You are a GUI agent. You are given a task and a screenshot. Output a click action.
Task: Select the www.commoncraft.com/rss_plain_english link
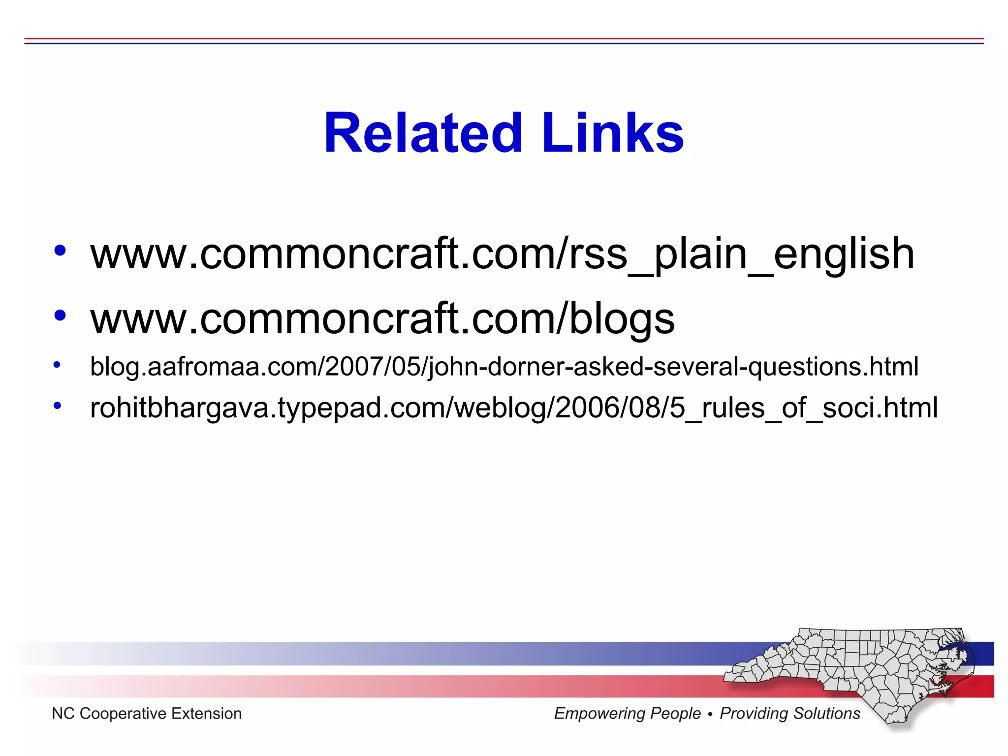click(502, 254)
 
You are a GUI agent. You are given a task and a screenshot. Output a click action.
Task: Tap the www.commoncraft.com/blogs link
click(382, 319)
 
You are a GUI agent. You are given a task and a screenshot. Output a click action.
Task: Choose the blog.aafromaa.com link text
click(504, 367)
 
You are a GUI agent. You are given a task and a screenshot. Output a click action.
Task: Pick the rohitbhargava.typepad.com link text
click(514, 408)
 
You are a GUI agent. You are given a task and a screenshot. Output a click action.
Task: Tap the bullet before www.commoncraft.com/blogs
click(60, 315)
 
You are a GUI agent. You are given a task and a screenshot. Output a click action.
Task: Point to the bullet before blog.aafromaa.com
click(57, 365)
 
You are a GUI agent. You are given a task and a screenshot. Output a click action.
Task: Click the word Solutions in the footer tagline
click(827, 714)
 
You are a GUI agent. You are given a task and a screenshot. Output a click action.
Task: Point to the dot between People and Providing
click(710, 714)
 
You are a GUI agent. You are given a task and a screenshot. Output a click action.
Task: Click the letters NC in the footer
click(63, 714)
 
